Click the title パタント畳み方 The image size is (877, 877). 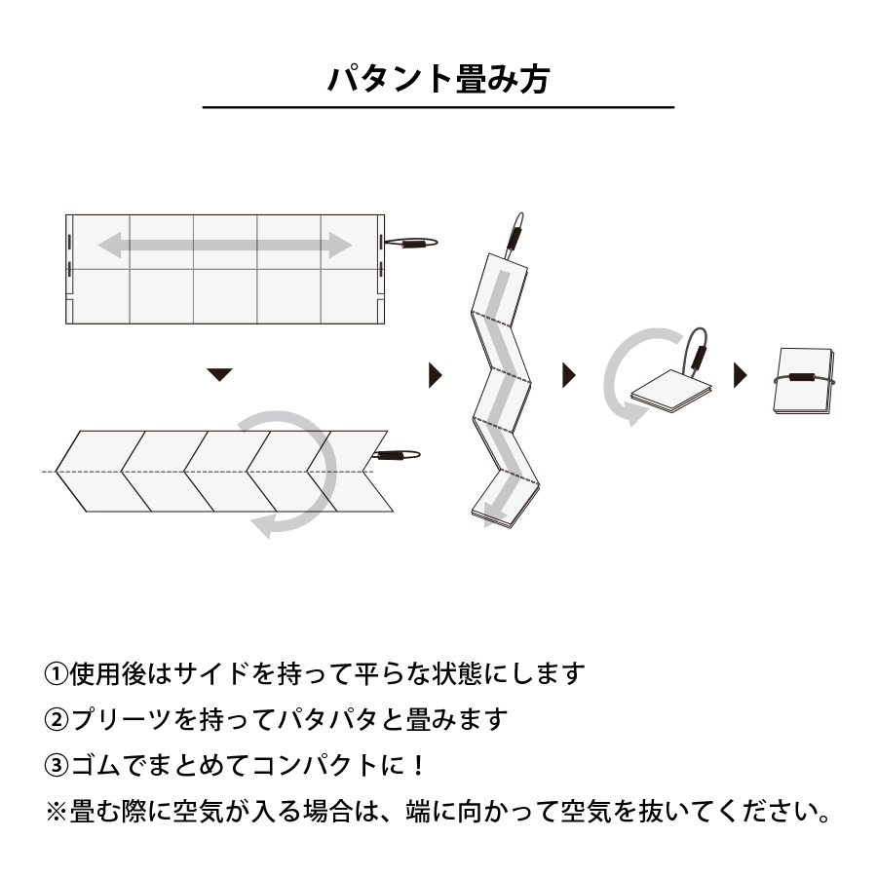coord(438,78)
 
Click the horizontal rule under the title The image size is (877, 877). coord(438,107)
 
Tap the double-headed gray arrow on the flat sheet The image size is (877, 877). coord(225,246)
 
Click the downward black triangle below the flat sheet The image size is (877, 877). coord(221,374)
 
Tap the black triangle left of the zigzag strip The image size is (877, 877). coord(435,374)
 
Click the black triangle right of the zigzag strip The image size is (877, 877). coord(569,374)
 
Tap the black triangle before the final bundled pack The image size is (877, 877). coord(740,374)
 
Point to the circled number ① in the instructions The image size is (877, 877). coord(57,673)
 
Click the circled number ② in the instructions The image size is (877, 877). coord(57,720)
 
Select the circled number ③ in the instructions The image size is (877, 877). coord(57,766)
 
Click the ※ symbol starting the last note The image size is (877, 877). coord(57,812)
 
